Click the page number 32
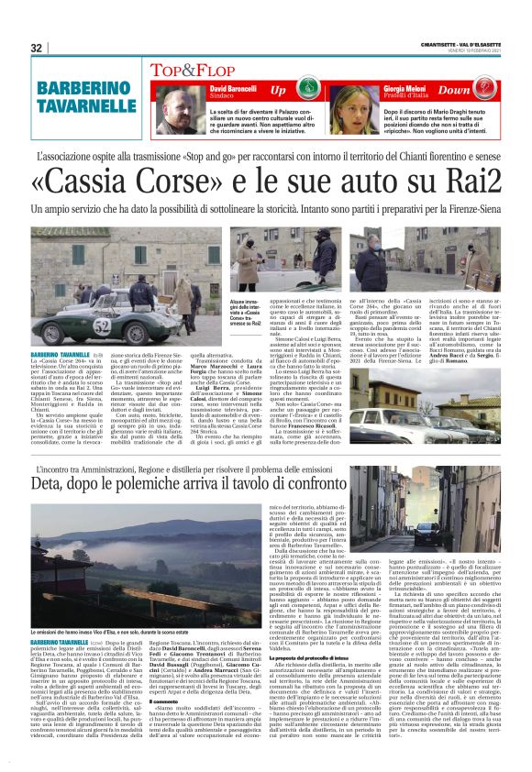pos(37,48)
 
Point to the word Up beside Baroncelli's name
pos(278,91)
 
